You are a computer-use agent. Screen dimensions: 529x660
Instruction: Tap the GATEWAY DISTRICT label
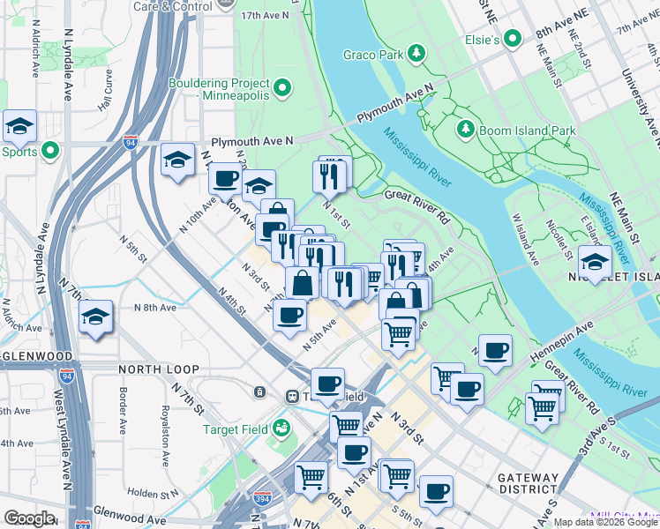point(528,483)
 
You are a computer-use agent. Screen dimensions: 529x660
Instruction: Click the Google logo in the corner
point(29,519)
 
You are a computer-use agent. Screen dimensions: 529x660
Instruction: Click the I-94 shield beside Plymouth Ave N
point(130,142)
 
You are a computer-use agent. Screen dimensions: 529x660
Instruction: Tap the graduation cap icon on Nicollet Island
point(595,262)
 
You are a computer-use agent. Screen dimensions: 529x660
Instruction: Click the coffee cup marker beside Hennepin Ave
point(496,349)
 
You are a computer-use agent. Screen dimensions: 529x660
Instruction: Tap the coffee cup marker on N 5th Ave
point(289,315)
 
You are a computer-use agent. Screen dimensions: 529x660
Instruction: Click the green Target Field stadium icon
point(281,429)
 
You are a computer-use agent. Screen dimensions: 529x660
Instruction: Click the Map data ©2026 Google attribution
point(605,522)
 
